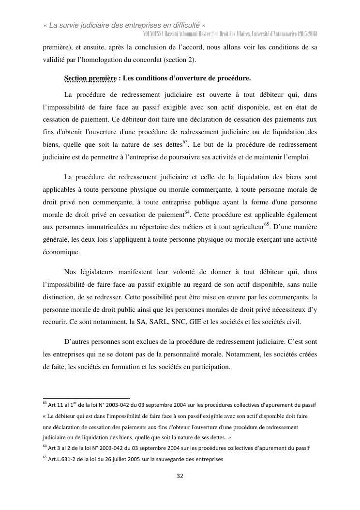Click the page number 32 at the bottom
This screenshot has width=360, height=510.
click(180, 476)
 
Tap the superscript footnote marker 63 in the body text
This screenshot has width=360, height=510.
click(185, 142)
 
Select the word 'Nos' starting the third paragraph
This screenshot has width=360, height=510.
click(70, 272)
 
